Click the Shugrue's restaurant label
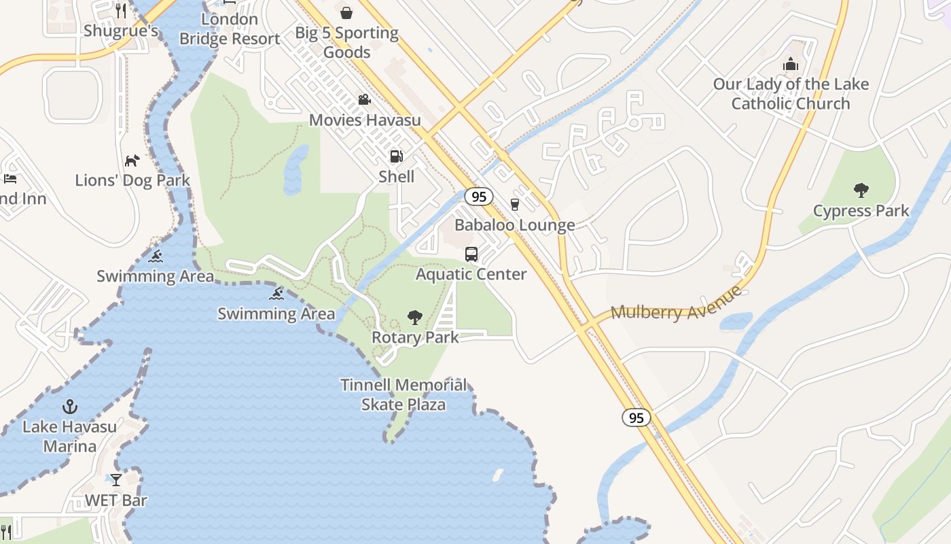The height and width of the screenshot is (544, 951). click(121, 31)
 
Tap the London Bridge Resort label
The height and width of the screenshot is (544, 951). click(230, 29)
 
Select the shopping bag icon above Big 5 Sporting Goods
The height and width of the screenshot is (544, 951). click(346, 12)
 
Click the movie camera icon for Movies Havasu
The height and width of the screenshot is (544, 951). click(365, 100)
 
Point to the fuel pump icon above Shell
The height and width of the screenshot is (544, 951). click(396, 156)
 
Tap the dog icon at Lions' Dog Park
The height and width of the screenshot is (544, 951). click(132, 160)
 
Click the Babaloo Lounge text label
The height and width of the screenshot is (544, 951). click(514, 225)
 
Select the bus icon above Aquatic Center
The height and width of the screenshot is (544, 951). click(471, 254)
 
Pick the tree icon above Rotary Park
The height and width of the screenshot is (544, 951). click(414, 317)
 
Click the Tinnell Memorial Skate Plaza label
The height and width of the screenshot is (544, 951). click(403, 395)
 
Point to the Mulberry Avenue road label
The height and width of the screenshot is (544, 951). click(677, 304)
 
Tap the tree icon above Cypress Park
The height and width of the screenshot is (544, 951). click(861, 190)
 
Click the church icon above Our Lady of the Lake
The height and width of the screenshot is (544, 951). click(791, 65)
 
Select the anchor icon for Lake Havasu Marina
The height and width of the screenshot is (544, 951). click(69, 407)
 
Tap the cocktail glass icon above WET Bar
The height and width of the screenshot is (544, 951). click(116, 480)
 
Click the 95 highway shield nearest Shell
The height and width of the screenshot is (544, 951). click(479, 197)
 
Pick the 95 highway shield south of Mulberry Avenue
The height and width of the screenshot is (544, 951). click(636, 418)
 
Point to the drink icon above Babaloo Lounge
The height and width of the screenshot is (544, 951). click(514, 205)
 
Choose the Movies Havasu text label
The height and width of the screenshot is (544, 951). click(365, 120)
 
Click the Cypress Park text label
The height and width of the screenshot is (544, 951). click(861, 211)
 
